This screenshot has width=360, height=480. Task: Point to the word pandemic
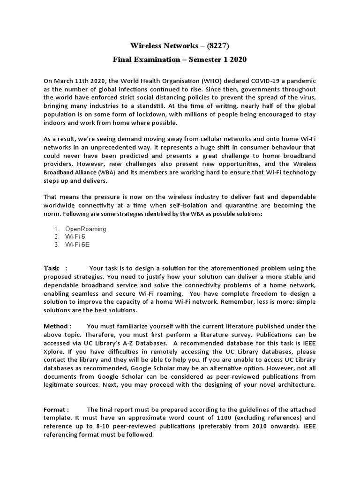coord(300,81)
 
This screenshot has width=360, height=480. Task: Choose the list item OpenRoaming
coord(85,229)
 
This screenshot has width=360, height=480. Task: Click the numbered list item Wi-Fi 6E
coord(77,244)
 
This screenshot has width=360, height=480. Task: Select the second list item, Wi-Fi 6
coord(75,237)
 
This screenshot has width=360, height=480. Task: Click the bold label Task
coord(52,268)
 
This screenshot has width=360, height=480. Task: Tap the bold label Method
coord(56,326)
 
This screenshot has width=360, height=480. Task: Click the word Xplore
coord(54,351)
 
